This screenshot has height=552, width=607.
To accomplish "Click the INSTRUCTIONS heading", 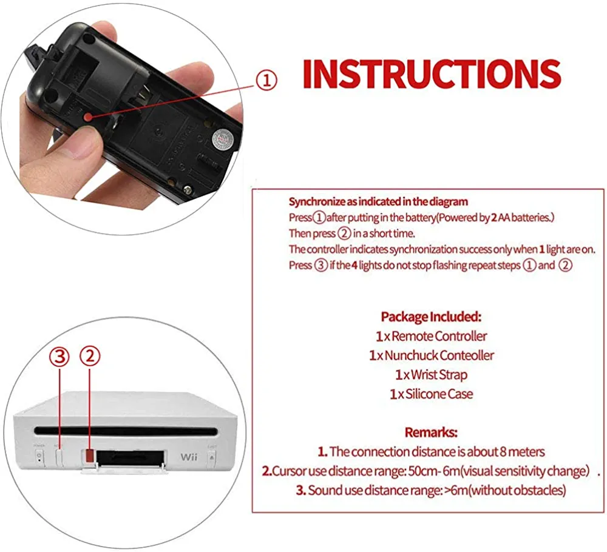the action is (432, 74).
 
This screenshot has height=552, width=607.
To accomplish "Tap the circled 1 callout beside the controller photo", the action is (266, 81).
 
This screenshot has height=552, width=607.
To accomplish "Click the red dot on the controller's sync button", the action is (88, 117).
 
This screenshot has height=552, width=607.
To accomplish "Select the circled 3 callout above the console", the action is (59, 357).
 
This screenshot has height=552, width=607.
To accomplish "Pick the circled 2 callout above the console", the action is (90, 356).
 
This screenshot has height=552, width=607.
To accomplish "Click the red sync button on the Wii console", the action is (89, 456).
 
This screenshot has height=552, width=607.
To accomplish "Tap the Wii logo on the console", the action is (189, 457).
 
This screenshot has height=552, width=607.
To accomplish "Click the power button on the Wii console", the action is (39, 456).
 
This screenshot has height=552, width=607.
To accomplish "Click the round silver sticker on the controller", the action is (223, 138).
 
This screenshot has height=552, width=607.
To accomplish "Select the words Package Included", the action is (431, 317).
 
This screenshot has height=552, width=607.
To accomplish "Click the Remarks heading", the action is (431, 432).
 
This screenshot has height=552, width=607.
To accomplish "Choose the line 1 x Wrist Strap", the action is (431, 374).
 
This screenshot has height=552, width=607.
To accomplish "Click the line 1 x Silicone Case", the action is (431, 394).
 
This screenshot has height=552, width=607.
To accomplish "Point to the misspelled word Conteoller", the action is (467, 355).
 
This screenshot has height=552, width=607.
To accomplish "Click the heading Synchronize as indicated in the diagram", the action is (378, 201).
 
